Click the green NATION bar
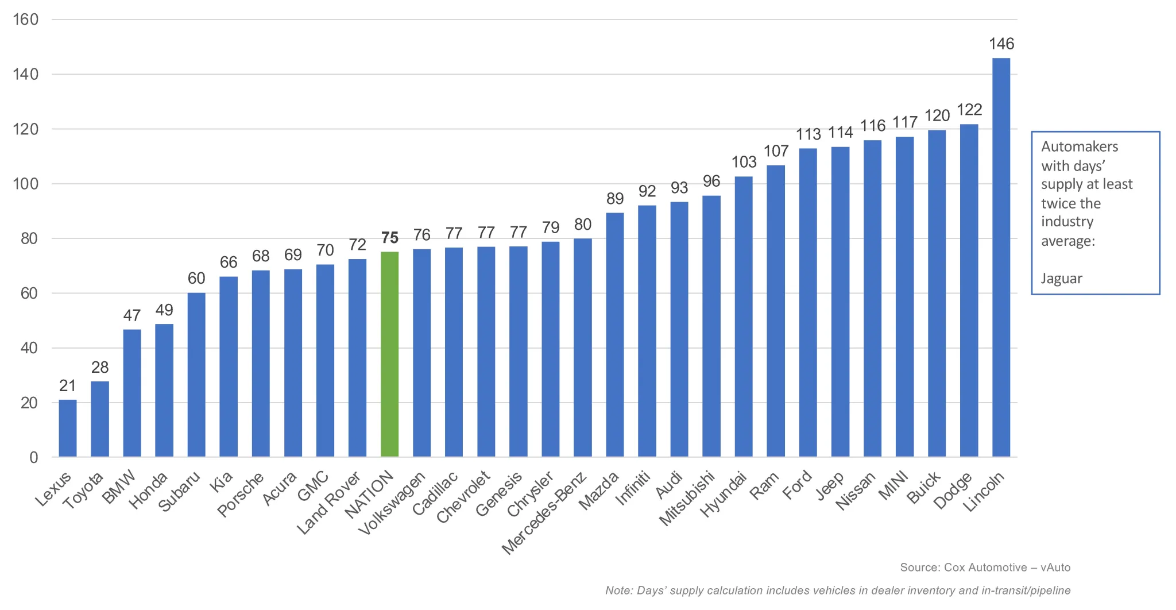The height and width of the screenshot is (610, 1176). pyautogui.click(x=389, y=354)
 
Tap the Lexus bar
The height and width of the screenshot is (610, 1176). pyautogui.click(x=68, y=428)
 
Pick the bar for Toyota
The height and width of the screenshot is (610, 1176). pyautogui.click(x=100, y=419)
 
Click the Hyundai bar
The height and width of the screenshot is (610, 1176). pyautogui.click(x=744, y=316)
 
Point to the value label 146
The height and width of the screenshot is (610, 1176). pyautogui.click(x=1001, y=44)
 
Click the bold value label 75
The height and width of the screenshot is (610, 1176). pyautogui.click(x=389, y=238)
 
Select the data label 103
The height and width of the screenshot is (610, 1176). pyautogui.click(x=744, y=162)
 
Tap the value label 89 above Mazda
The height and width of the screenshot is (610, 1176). pyautogui.click(x=615, y=199)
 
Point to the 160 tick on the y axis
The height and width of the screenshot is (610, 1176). pyautogui.click(x=25, y=20)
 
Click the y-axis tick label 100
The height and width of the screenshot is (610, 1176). pyautogui.click(x=25, y=184)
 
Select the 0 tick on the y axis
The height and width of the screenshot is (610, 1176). pyautogui.click(x=34, y=458)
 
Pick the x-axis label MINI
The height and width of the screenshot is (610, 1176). pyautogui.click(x=893, y=485)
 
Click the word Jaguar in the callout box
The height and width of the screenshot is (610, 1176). pyautogui.click(x=1061, y=279)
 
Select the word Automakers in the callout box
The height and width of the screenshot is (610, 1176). pyautogui.click(x=1080, y=146)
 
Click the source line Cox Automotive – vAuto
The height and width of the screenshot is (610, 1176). pyautogui.click(x=985, y=567)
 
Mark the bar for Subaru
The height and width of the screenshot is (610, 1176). pyautogui.click(x=196, y=375)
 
